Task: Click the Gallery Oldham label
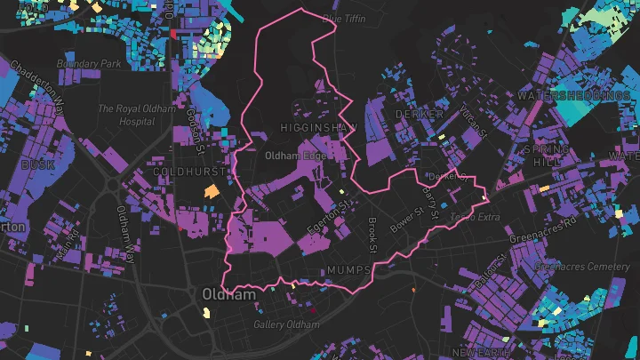pyautogui.click(x=286, y=324)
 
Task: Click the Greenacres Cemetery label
pyautogui.click(x=582, y=266)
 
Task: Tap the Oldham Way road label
pyautogui.click(x=125, y=234)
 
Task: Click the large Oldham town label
pyautogui.click(x=228, y=294)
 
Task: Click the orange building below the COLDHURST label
pyautogui.click(x=212, y=190)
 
